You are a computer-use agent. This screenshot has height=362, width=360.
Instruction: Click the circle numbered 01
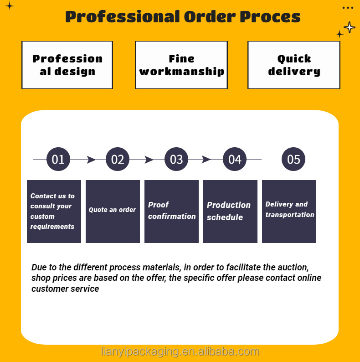[58, 160]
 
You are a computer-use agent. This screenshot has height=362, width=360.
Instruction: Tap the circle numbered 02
[118, 160]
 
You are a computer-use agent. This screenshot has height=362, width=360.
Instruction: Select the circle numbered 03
[176, 160]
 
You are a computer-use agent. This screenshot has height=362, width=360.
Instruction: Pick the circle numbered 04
[235, 160]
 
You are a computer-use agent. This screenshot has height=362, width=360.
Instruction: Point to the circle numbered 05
[293, 160]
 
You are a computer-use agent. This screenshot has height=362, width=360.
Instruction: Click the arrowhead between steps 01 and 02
[91, 160]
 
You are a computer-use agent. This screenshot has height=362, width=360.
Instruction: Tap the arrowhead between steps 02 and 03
[149, 160]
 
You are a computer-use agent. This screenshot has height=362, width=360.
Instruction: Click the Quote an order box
[113, 211]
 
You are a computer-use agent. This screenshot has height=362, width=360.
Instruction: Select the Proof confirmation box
[171, 211]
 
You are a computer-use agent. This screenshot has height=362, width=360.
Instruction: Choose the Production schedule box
[230, 211]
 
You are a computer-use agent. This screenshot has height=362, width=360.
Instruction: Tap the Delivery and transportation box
[289, 211]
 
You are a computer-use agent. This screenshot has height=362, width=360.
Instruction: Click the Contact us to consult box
[54, 211]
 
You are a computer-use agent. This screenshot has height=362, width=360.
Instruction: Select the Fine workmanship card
[181, 65]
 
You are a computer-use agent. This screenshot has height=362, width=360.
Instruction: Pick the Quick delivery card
[294, 65]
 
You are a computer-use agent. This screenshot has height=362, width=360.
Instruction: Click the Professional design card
[67, 65]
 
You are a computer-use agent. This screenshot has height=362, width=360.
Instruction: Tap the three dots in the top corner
[348, 8]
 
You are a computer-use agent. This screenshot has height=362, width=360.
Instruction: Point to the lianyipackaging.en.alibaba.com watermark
[180, 352]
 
